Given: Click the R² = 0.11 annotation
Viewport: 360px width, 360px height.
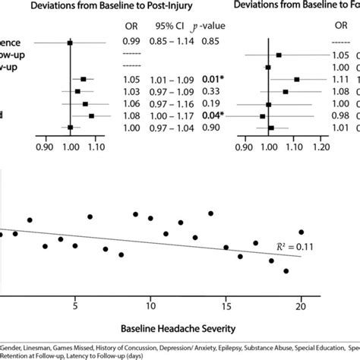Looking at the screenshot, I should (x=296, y=247).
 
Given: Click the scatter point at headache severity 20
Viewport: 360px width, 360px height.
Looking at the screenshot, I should (x=302, y=232).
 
